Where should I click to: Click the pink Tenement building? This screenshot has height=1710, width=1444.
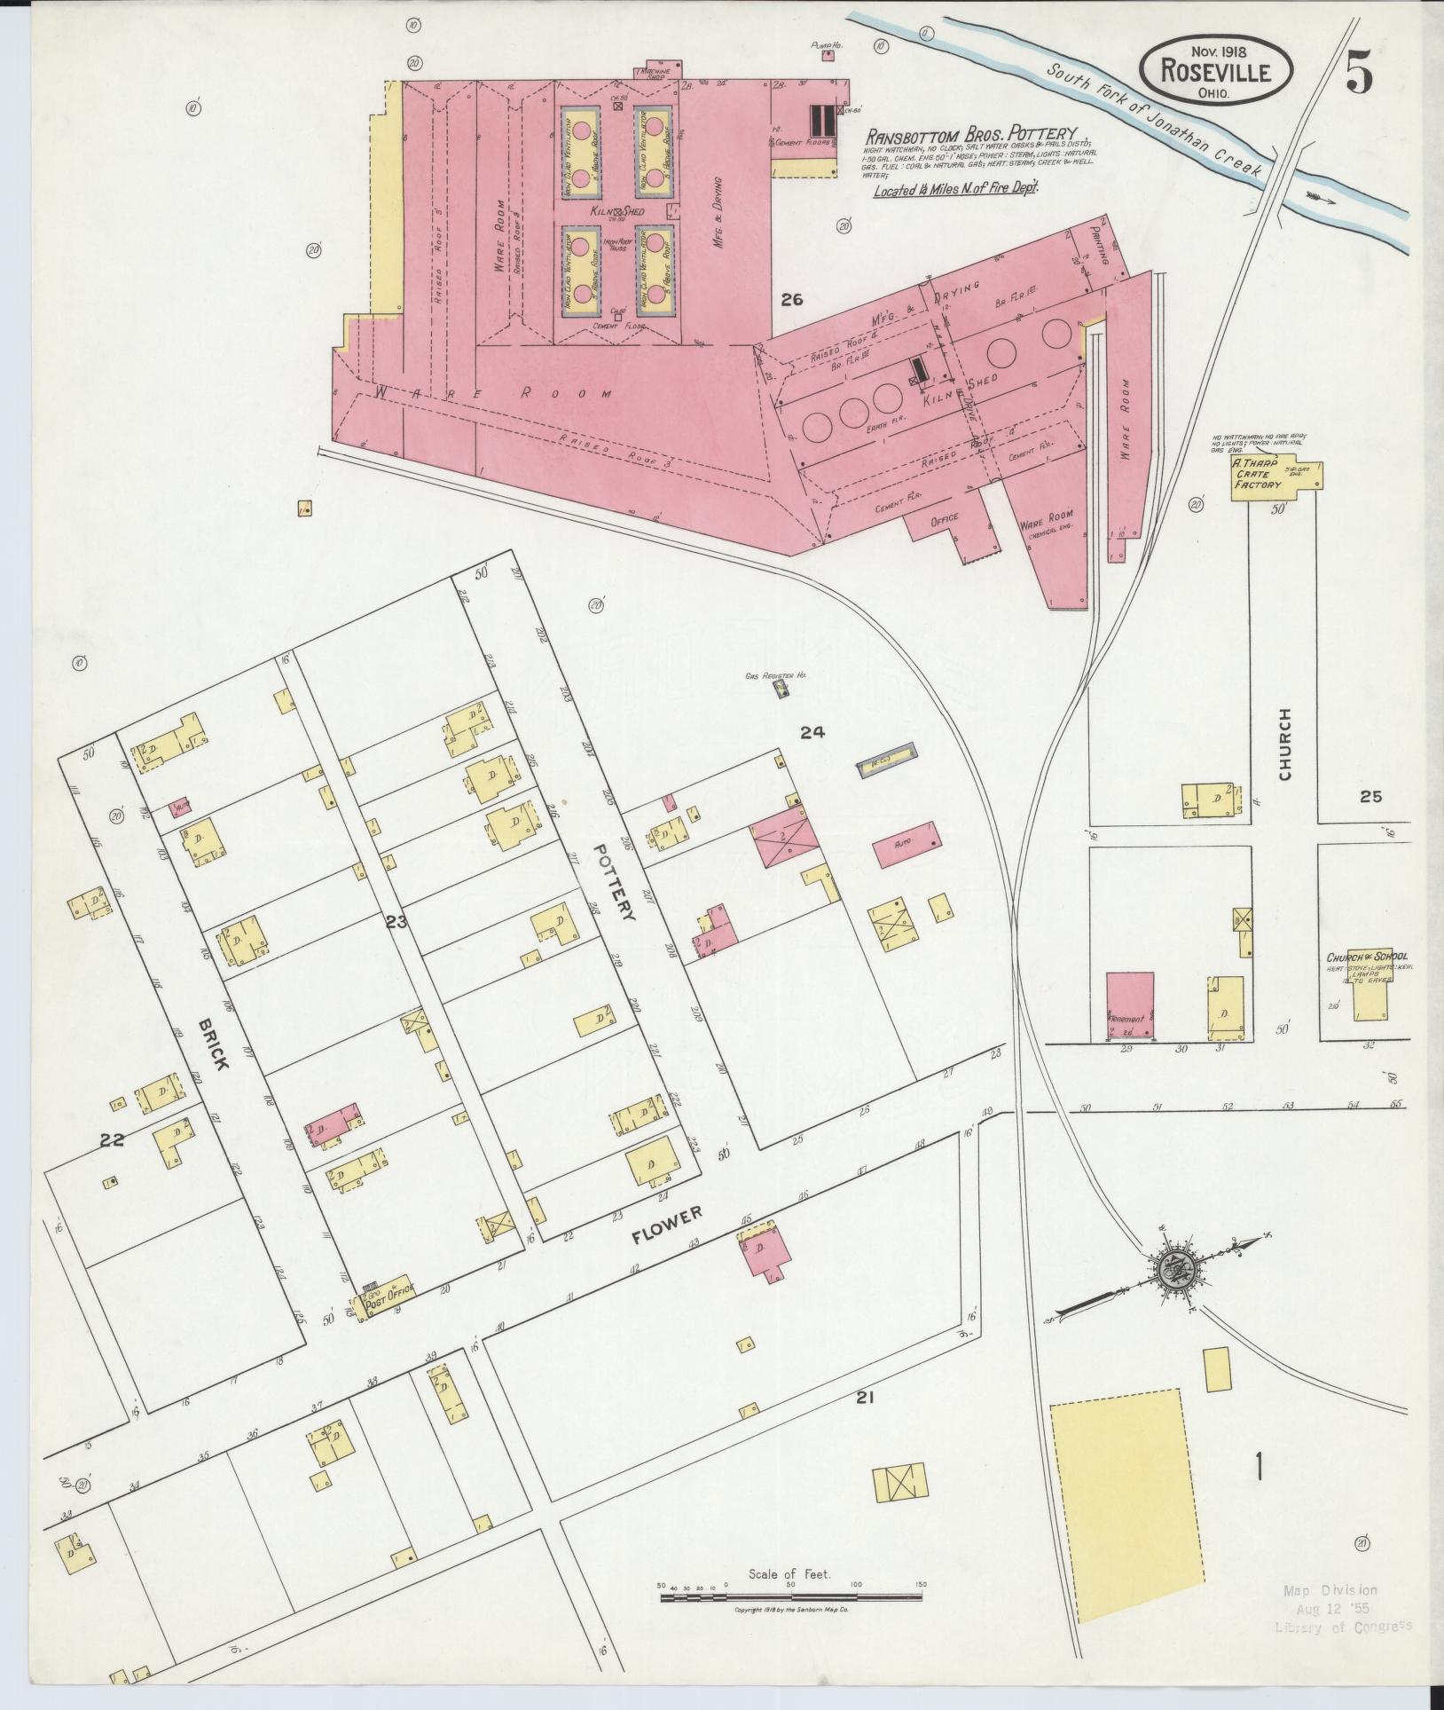(1129, 1005)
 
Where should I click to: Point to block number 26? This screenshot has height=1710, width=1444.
(791, 300)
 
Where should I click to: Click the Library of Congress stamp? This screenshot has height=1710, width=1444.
(1342, 1627)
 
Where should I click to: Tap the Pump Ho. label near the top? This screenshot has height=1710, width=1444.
(827, 43)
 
